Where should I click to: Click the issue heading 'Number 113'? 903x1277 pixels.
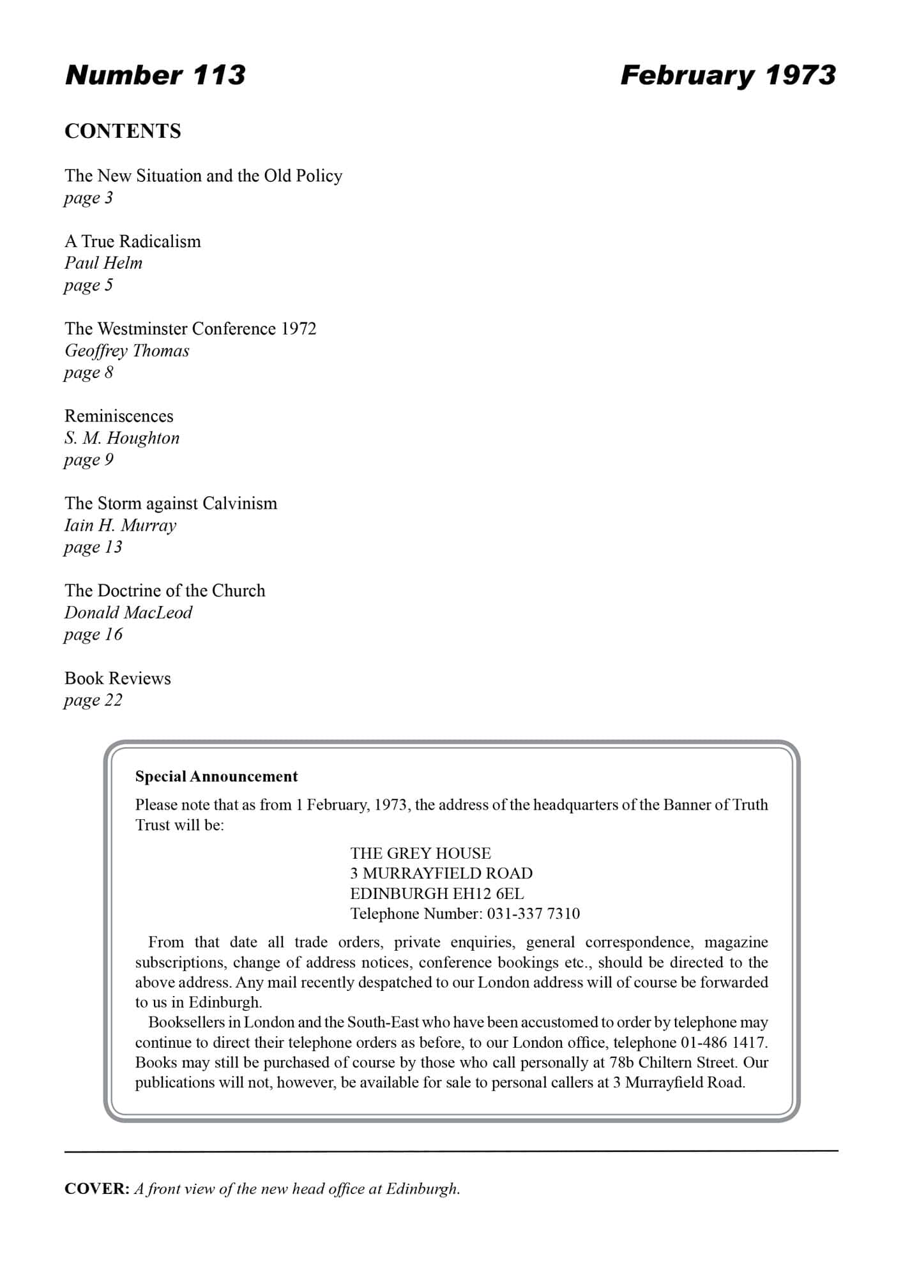click(155, 75)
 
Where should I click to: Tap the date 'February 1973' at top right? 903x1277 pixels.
click(727, 75)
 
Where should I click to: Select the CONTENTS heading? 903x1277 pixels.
click(123, 131)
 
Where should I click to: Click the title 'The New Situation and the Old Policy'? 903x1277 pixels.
click(203, 176)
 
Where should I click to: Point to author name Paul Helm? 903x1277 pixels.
click(103, 263)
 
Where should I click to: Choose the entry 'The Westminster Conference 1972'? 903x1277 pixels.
click(190, 329)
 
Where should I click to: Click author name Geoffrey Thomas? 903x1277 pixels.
click(127, 351)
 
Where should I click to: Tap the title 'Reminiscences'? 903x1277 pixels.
click(119, 416)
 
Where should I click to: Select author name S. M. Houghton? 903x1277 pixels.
click(122, 438)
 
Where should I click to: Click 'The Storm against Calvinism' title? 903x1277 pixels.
click(171, 504)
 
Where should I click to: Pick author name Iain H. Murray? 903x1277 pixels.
click(120, 525)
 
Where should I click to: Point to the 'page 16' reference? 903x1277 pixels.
click(93, 635)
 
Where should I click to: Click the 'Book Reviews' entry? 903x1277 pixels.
click(118, 678)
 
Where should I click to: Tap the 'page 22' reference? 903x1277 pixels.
click(93, 700)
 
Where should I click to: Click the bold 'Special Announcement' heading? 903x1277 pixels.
click(216, 776)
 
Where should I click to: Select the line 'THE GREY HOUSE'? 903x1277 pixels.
click(420, 854)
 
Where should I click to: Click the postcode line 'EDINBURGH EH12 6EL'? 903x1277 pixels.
click(437, 894)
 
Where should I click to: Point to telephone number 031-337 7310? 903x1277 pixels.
click(533, 914)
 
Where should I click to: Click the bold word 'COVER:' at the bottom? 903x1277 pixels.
click(97, 1189)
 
